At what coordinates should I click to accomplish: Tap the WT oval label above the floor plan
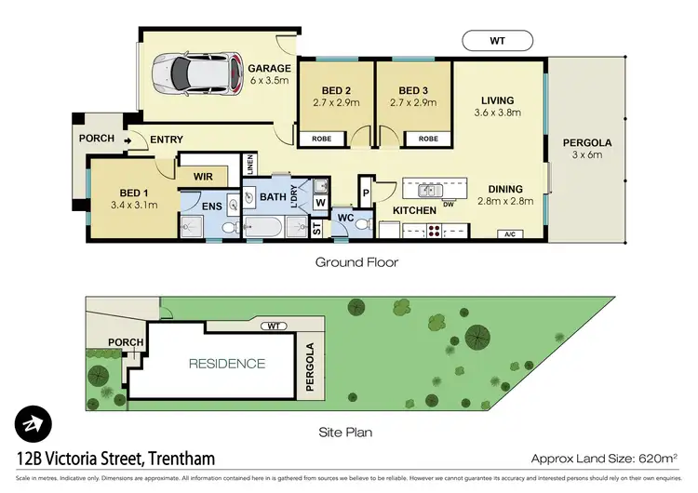(x=497, y=40)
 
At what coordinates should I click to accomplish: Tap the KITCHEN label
(x=414, y=211)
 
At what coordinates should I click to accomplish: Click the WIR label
(x=203, y=176)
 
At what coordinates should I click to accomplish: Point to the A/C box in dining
(x=510, y=234)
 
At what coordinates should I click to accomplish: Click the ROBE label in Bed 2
(x=321, y=140)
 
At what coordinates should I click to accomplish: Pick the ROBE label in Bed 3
(x=427, y=140)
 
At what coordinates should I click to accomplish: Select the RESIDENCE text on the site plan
(x=228, y=364)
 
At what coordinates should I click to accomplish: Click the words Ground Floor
(x=356, y=262)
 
